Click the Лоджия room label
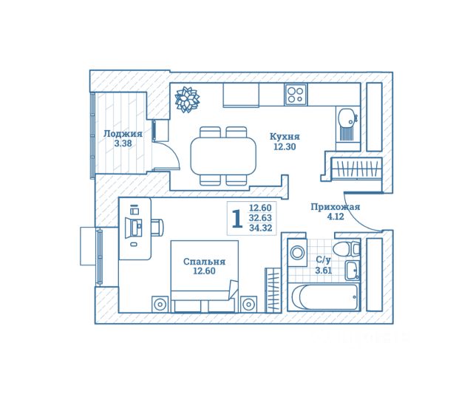(123, 134)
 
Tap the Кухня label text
(285, 137)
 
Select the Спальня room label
(204, 262)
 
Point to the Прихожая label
(336, 207)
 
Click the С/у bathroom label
(324, 259)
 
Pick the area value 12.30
(285, 147)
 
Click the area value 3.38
(123, 143)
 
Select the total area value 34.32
(261, 228)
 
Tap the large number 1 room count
(237, 219)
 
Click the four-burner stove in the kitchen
(296, 95)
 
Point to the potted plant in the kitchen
(187, 99)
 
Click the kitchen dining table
(223, 156)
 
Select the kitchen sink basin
(346, 118)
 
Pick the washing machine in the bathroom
(297, 252)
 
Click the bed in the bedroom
(205, 276)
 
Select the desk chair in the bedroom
(157, 227)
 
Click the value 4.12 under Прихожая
(336, 217)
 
